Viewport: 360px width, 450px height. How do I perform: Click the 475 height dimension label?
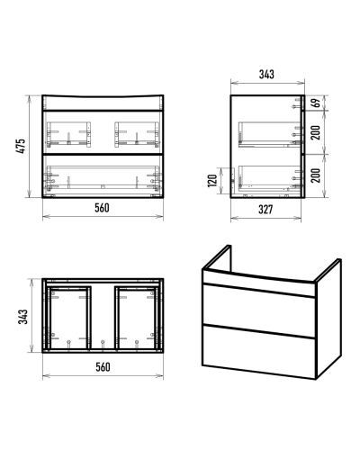[x=21, y=146]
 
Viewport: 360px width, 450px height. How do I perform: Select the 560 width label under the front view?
[x=103, y=208]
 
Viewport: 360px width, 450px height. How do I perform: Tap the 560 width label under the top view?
[x=103, y=367]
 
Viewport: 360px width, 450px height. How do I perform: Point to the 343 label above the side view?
[x=266, y=74]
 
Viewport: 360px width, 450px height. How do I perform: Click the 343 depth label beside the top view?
[x=23, y=317]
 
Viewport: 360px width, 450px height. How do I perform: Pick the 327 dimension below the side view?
[x=265, y=210]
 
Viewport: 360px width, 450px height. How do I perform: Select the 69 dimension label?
[x=316, y=103]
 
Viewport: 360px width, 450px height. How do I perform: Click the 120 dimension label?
[x=212, y=180]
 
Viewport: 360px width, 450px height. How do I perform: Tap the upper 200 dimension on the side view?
[x=316, y=132]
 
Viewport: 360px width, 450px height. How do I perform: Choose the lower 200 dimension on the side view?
[x=316, y=175]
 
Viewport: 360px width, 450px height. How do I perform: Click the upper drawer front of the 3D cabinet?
[x=259, y=310]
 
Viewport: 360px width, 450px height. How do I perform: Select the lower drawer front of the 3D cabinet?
[x=259, y=352]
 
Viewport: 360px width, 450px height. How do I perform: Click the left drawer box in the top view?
[x=69, y=318]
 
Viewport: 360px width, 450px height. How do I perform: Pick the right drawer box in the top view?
[x=137, y=318]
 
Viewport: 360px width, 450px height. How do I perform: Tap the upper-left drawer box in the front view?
[x=68, y=134]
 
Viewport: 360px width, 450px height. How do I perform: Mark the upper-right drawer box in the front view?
[x=137, y=134]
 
